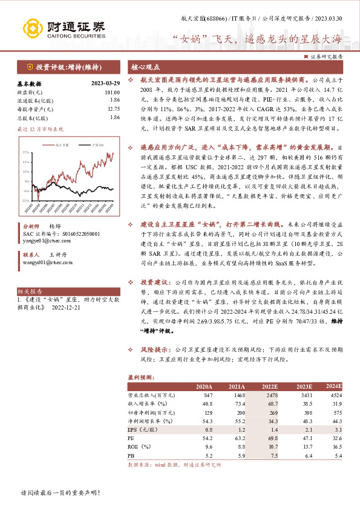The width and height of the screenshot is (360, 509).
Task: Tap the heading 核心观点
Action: (x=143, y=68)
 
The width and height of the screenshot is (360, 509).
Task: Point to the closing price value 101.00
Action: (x=112, y=92)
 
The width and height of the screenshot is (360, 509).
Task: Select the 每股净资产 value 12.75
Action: (x=113, y=109)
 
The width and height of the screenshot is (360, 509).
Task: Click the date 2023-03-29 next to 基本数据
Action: (x=103, y=84)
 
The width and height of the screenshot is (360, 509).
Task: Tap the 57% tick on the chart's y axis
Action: (x=24, y=151)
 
